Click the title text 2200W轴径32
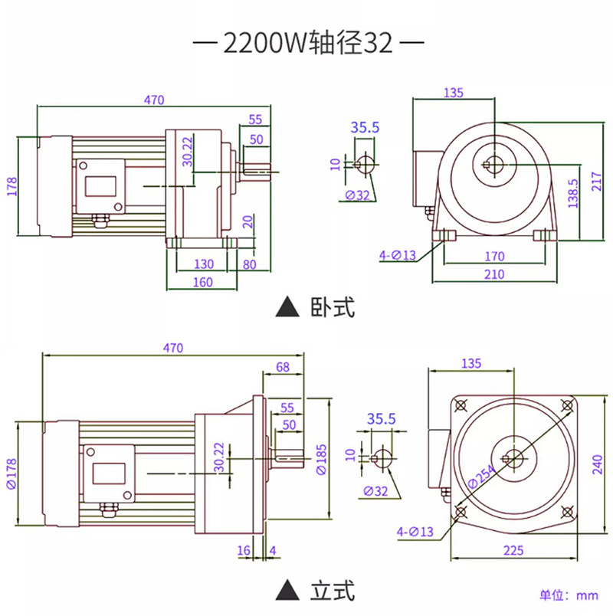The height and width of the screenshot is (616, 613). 308,42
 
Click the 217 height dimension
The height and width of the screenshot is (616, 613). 596,182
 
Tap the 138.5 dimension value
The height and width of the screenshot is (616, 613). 573,193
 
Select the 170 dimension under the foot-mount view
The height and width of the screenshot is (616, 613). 494,256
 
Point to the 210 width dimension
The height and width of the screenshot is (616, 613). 494,274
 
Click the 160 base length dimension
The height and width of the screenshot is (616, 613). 203,282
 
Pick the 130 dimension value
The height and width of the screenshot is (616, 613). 204,264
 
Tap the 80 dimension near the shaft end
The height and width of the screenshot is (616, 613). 250,264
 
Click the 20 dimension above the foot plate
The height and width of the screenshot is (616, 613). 247,222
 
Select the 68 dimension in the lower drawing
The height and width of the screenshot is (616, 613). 283,367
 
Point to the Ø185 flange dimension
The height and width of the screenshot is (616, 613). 321,459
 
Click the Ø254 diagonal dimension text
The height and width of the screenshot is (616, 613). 482,476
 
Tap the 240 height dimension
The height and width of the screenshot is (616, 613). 597,464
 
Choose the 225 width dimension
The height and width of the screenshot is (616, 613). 513,550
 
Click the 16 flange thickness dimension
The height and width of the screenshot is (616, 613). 244,550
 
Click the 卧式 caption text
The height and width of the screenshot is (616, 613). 333,307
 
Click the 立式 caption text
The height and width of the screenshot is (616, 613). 333,590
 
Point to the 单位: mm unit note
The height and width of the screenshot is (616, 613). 569,595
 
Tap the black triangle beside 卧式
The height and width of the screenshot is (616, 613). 287,306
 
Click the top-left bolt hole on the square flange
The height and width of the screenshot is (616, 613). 461,405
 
